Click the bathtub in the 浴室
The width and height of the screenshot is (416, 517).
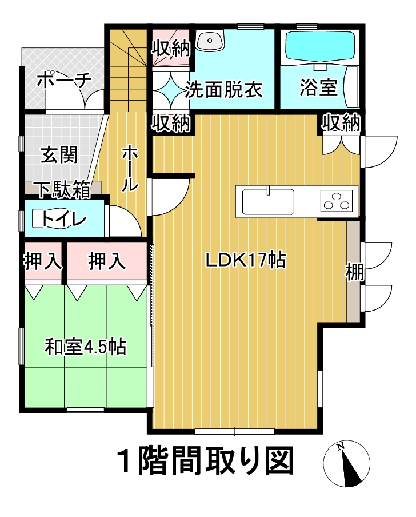320,46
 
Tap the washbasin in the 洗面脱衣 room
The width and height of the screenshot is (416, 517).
210,40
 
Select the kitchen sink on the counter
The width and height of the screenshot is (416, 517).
268,201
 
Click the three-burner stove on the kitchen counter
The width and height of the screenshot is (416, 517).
337,201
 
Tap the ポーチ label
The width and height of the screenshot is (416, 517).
64,80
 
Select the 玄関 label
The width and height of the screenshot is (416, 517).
59,154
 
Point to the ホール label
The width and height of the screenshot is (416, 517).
130,169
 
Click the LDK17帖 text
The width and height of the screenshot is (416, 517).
245,260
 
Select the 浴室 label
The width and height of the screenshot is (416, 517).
318,88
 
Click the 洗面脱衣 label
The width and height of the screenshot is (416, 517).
223,89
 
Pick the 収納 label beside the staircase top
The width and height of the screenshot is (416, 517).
171,49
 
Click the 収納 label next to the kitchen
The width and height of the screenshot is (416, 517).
341,122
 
